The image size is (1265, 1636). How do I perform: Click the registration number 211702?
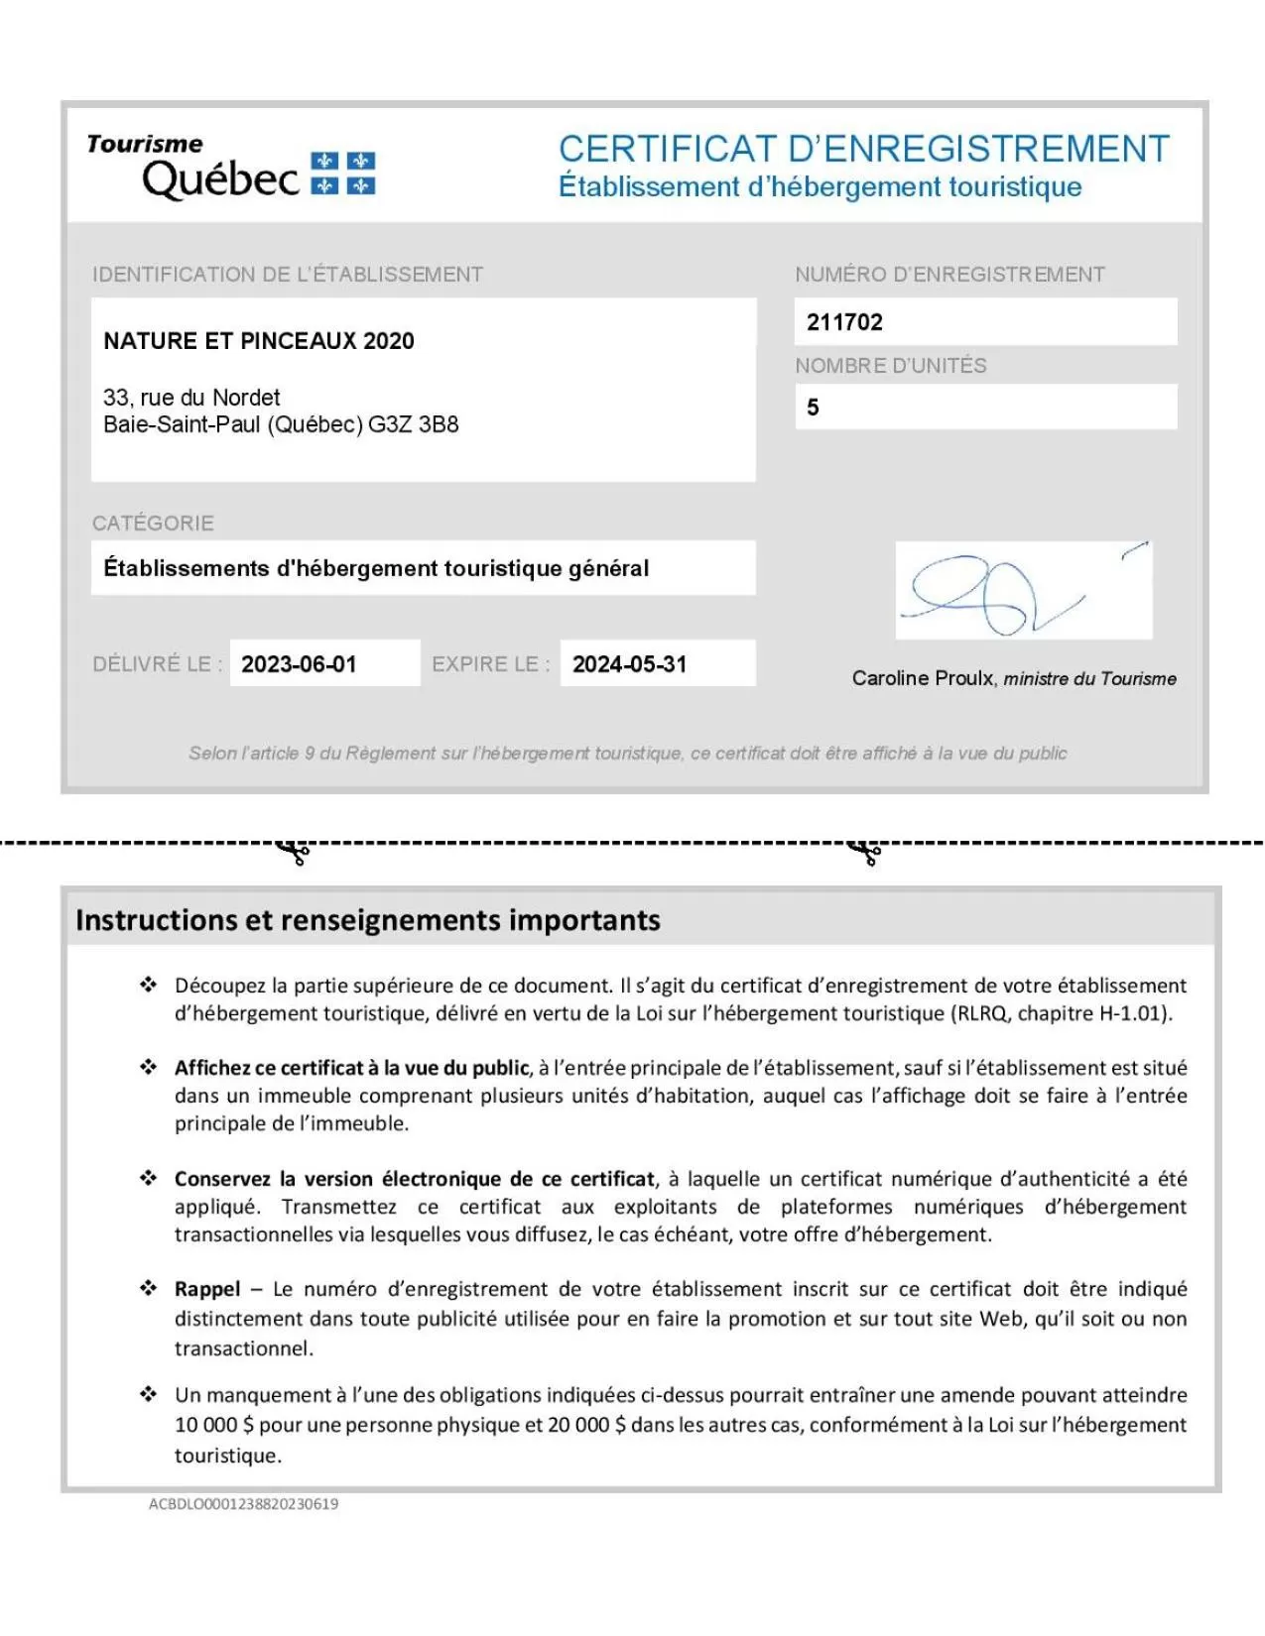coord(844,322)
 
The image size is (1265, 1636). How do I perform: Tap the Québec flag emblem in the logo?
coord(343,174)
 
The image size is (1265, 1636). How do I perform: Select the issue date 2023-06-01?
coord(299,664)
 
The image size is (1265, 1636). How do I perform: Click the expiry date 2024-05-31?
coord(629,664)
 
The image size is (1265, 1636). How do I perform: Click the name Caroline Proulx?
coord(922,678)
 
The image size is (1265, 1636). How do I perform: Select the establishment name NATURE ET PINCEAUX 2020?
coord(259,341)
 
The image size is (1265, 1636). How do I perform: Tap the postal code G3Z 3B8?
coord(413,425)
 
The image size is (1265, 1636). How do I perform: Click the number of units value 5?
coord(813,408)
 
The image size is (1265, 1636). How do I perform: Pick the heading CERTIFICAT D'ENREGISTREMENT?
coord(863,150)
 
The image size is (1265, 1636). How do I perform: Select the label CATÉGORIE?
coord(153,524)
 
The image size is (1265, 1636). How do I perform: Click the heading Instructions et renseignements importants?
coord(368,920)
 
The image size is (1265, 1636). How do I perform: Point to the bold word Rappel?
coord(207,1289)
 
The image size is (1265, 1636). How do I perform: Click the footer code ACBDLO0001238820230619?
coord(243,1504)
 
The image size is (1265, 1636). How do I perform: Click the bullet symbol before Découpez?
coord(148,985)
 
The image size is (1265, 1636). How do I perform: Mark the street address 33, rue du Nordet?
coord(191,398)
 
